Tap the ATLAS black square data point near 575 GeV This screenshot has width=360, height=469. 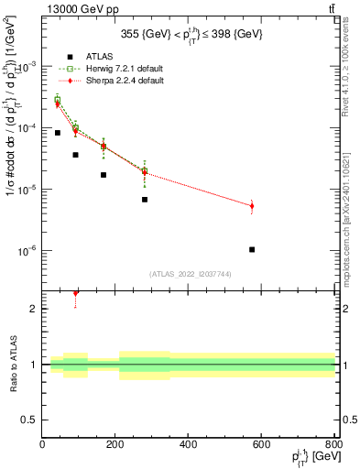tap(252, 249)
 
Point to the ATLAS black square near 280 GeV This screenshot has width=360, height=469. tap(145, 200)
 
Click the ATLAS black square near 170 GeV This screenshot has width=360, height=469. tap(104, 175)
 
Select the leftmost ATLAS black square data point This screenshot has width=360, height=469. tap(57, 133)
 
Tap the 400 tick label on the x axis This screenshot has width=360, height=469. tap(189, 445)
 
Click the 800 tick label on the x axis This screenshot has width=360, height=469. tap(333, 445)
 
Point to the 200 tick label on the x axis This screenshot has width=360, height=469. tap(115, 445)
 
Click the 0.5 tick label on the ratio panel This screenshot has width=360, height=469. tap(29, 420)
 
